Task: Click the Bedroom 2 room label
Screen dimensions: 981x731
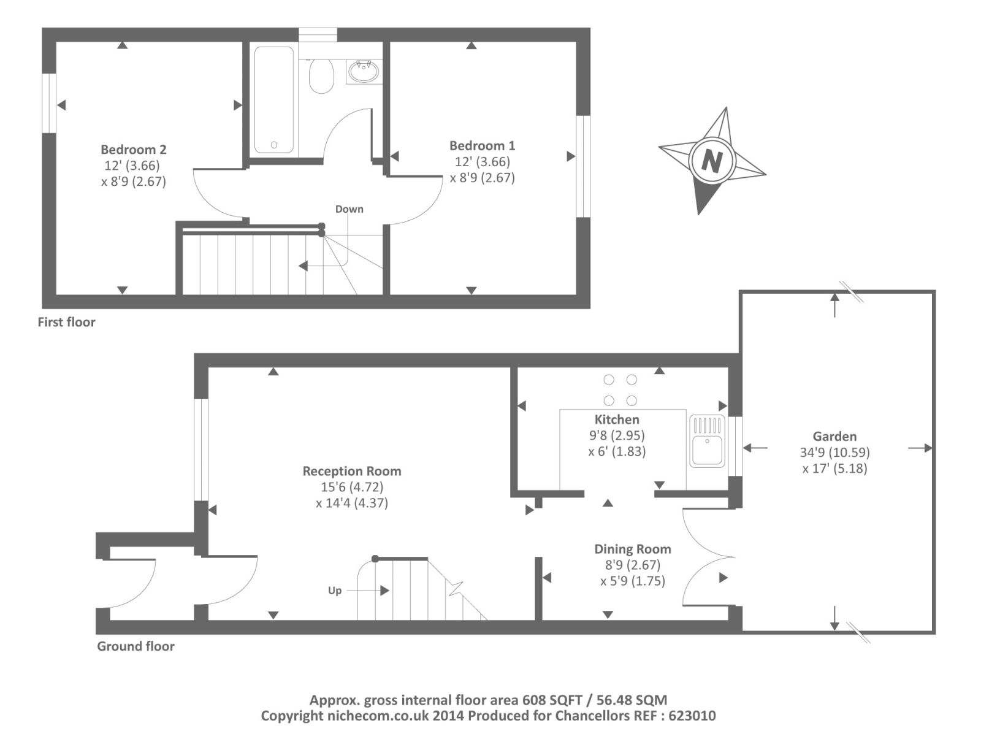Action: coord(134,150)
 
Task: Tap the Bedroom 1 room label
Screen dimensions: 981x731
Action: coord(482,145)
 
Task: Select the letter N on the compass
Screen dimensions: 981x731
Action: coord(712,161)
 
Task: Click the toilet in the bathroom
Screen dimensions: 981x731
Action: coord(321,75)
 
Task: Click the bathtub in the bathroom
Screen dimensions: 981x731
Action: coord(274,100)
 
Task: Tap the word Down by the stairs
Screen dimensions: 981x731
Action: coord(349,209)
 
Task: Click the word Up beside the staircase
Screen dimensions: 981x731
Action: coord(335,591)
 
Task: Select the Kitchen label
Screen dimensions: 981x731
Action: coord(617,419)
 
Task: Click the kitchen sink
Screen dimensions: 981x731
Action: coord(707,441)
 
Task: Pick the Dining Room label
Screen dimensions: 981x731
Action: coord(633,549)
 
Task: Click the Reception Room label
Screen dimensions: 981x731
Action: coord(352,471)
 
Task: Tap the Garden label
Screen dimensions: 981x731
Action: coord(834,436)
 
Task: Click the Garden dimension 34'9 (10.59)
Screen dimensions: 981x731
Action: coord(834,452)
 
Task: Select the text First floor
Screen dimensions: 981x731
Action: coord(66,322)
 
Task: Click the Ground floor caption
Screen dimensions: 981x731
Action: coord(136,646)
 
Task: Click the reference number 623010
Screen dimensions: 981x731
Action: coord(692,716)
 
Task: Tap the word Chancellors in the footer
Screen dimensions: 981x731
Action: coord(592,716)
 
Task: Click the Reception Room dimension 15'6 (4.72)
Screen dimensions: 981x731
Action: coord(352,487)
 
